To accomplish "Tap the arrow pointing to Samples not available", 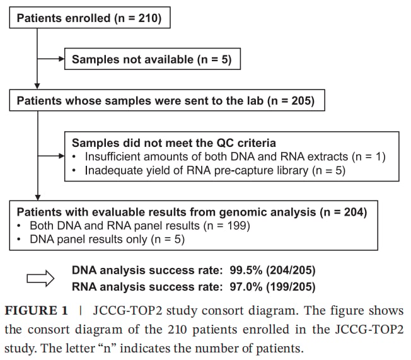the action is click(51, 59).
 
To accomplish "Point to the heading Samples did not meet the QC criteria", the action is click(174, 143).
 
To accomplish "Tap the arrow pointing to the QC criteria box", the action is click(51, 156).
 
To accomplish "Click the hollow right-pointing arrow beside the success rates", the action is click(40, 278).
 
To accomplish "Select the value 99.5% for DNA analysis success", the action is click(246, 270).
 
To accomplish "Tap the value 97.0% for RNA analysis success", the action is click(246, 287).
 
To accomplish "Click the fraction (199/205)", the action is click(291, 287).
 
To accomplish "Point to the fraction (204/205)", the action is click(291, 270).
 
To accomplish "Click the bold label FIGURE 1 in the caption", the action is click(36, 311).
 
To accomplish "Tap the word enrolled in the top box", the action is click(88, 18).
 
